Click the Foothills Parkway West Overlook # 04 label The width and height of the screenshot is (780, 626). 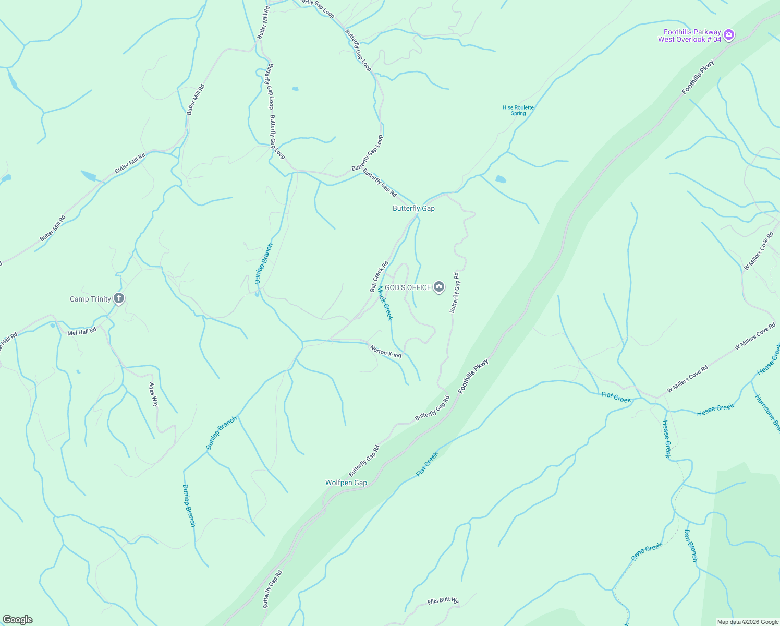689,35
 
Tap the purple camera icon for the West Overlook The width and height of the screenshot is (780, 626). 729,35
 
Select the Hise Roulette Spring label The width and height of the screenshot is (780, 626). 518,110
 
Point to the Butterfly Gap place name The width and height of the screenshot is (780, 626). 413,208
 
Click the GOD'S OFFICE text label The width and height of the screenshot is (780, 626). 408,287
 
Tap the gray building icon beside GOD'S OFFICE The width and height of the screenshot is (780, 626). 439,287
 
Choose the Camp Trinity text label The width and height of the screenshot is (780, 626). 90,299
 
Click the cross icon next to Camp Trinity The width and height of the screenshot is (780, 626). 119,298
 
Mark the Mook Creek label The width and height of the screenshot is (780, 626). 385,303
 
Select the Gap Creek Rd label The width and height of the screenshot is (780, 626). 379,276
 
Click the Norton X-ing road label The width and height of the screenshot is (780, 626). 386,352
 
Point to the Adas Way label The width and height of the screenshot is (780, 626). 153,395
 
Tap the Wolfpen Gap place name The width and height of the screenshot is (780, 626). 346,483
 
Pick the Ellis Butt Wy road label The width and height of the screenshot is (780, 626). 443,600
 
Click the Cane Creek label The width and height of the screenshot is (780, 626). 647,551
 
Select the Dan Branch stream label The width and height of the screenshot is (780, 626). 690,546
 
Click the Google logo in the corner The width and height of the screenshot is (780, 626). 18,620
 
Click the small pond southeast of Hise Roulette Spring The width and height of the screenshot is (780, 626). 501,179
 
